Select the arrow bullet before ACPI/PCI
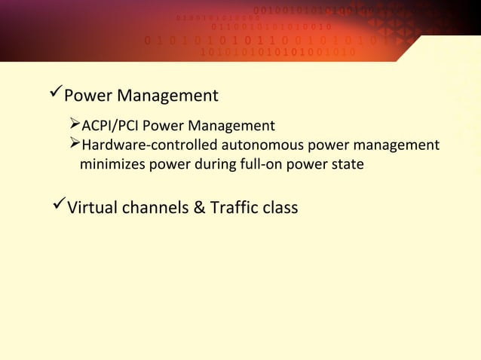(74, 124)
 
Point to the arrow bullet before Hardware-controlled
(74, 144)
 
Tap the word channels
(155, 206)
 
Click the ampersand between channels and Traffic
(200, 206)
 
